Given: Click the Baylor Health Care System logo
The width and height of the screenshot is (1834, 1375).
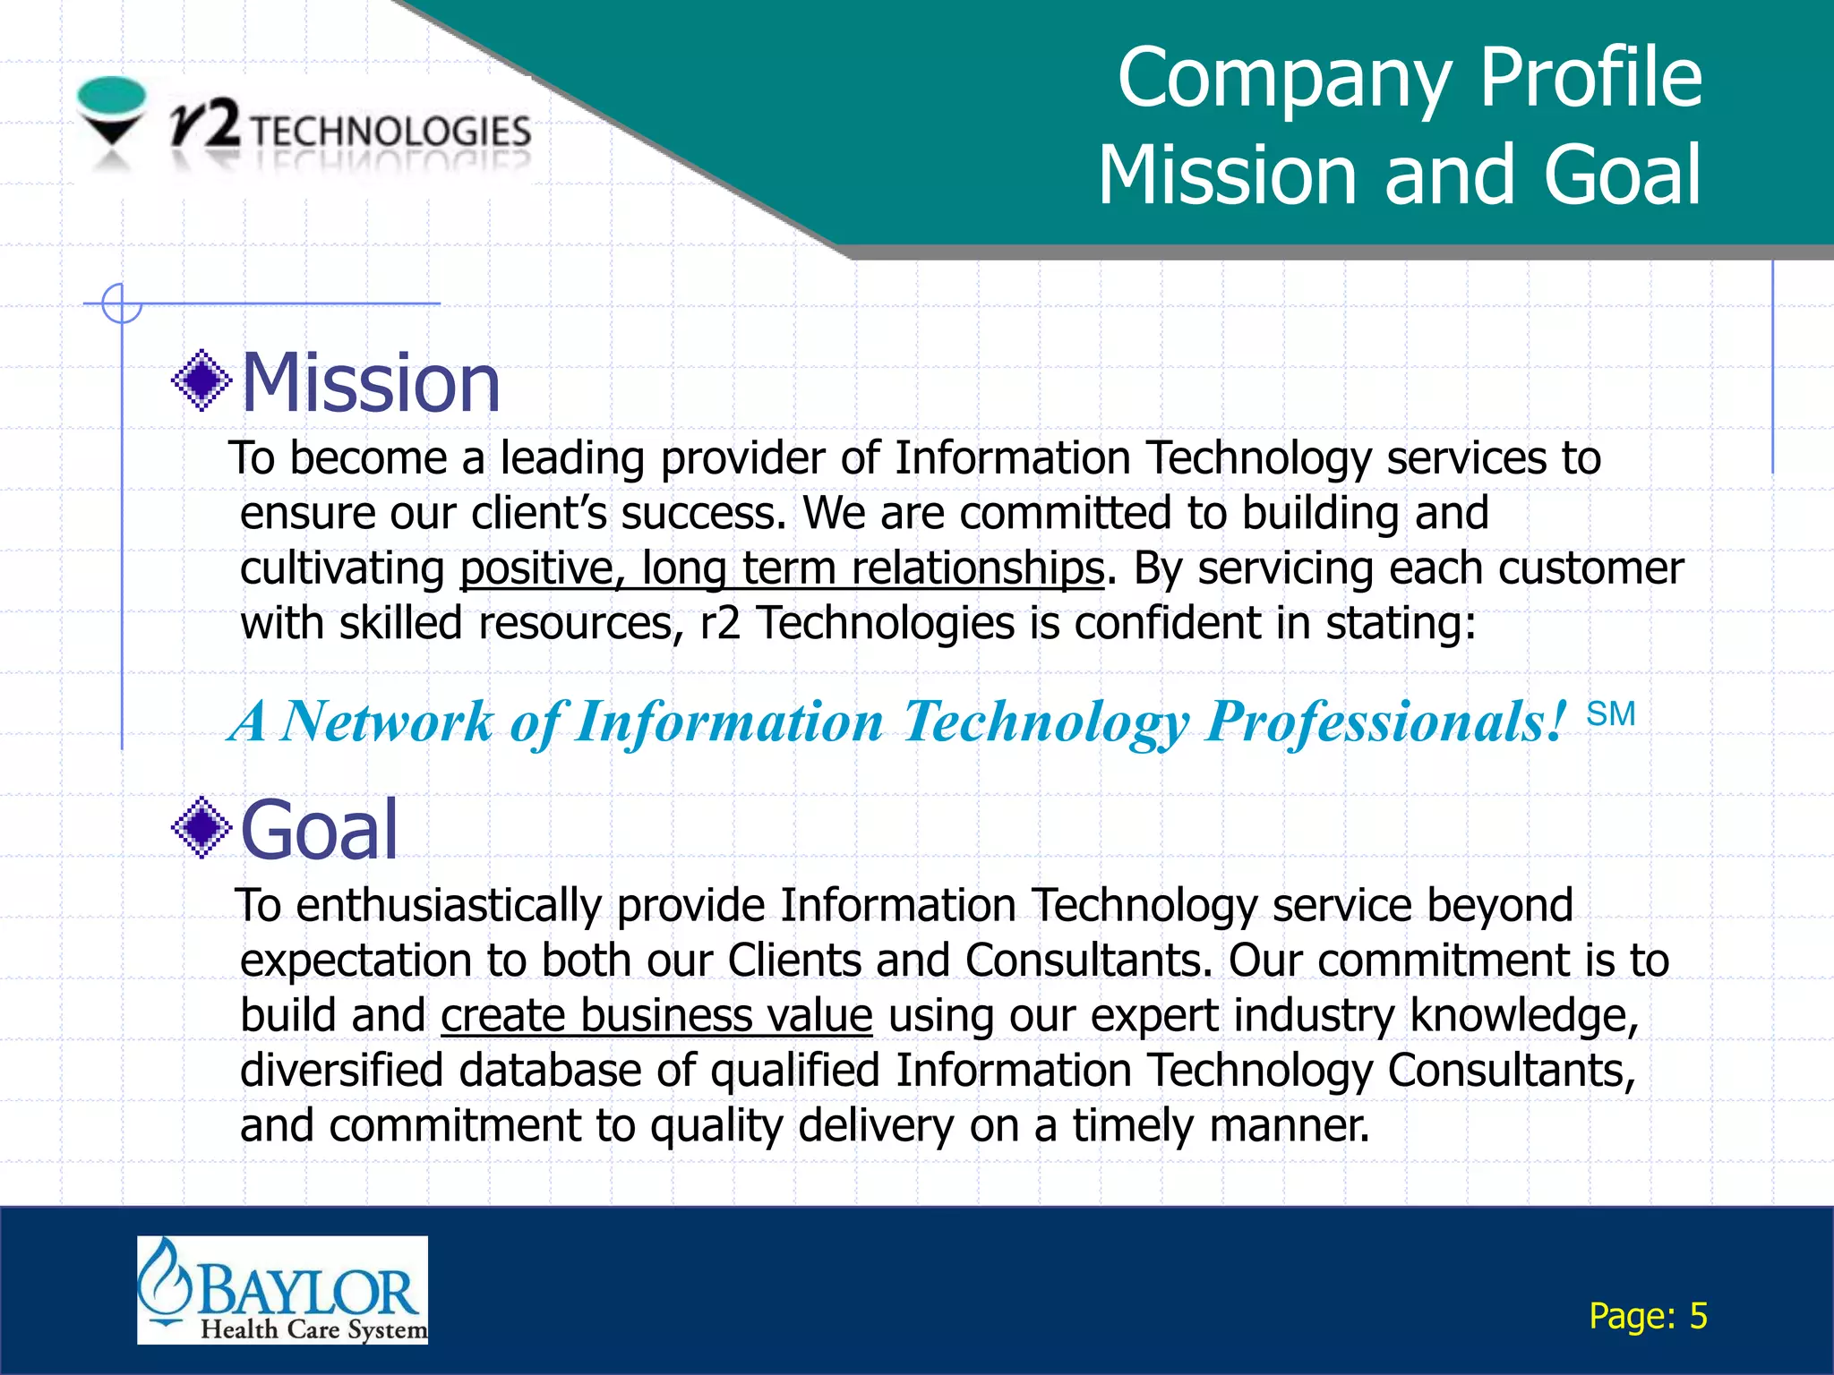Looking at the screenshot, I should (282, 1289).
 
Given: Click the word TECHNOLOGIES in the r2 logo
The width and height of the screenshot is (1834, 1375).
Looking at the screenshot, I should (390, 132).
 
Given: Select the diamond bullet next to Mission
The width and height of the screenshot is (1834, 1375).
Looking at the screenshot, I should (201, 380).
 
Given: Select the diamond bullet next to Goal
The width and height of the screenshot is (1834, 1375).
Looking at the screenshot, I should (201, 827).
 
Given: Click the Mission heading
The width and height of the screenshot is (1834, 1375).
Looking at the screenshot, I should (371, 383).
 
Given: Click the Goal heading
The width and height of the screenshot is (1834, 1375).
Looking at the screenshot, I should (319, 831).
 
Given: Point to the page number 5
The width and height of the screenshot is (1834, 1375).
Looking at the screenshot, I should (1698, 1316).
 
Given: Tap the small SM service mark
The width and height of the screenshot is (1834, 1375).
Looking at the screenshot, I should (1610, 714).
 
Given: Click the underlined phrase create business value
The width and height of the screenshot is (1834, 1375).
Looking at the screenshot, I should (656, 1016).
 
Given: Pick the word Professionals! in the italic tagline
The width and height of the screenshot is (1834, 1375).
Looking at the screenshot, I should (1386, 722).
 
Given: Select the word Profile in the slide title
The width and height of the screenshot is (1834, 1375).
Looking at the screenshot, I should (1590, 79).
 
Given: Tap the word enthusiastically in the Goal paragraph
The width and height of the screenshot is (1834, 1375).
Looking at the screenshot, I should (449, 906).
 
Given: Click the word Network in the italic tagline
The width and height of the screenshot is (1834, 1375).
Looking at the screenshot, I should (386, 722).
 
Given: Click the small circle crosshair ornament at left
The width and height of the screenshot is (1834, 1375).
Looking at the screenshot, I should (121, 303).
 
